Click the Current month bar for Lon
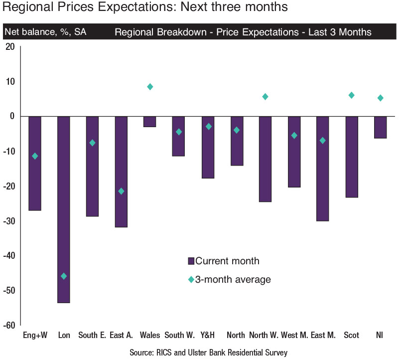pos(63,209)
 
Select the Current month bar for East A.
pos(122,172)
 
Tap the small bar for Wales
pos(150,122)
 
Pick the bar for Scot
pos(352,157)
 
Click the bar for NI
pos(381,127)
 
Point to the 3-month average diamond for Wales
pos(150,87)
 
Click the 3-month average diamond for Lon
pos(63,276)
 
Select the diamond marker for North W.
pos(265,97)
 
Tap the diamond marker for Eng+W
pos(35,156)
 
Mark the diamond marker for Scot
pos(351,95)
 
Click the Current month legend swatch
pos(191,261)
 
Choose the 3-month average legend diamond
pos(191,280)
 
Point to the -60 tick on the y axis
pos(10,325)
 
